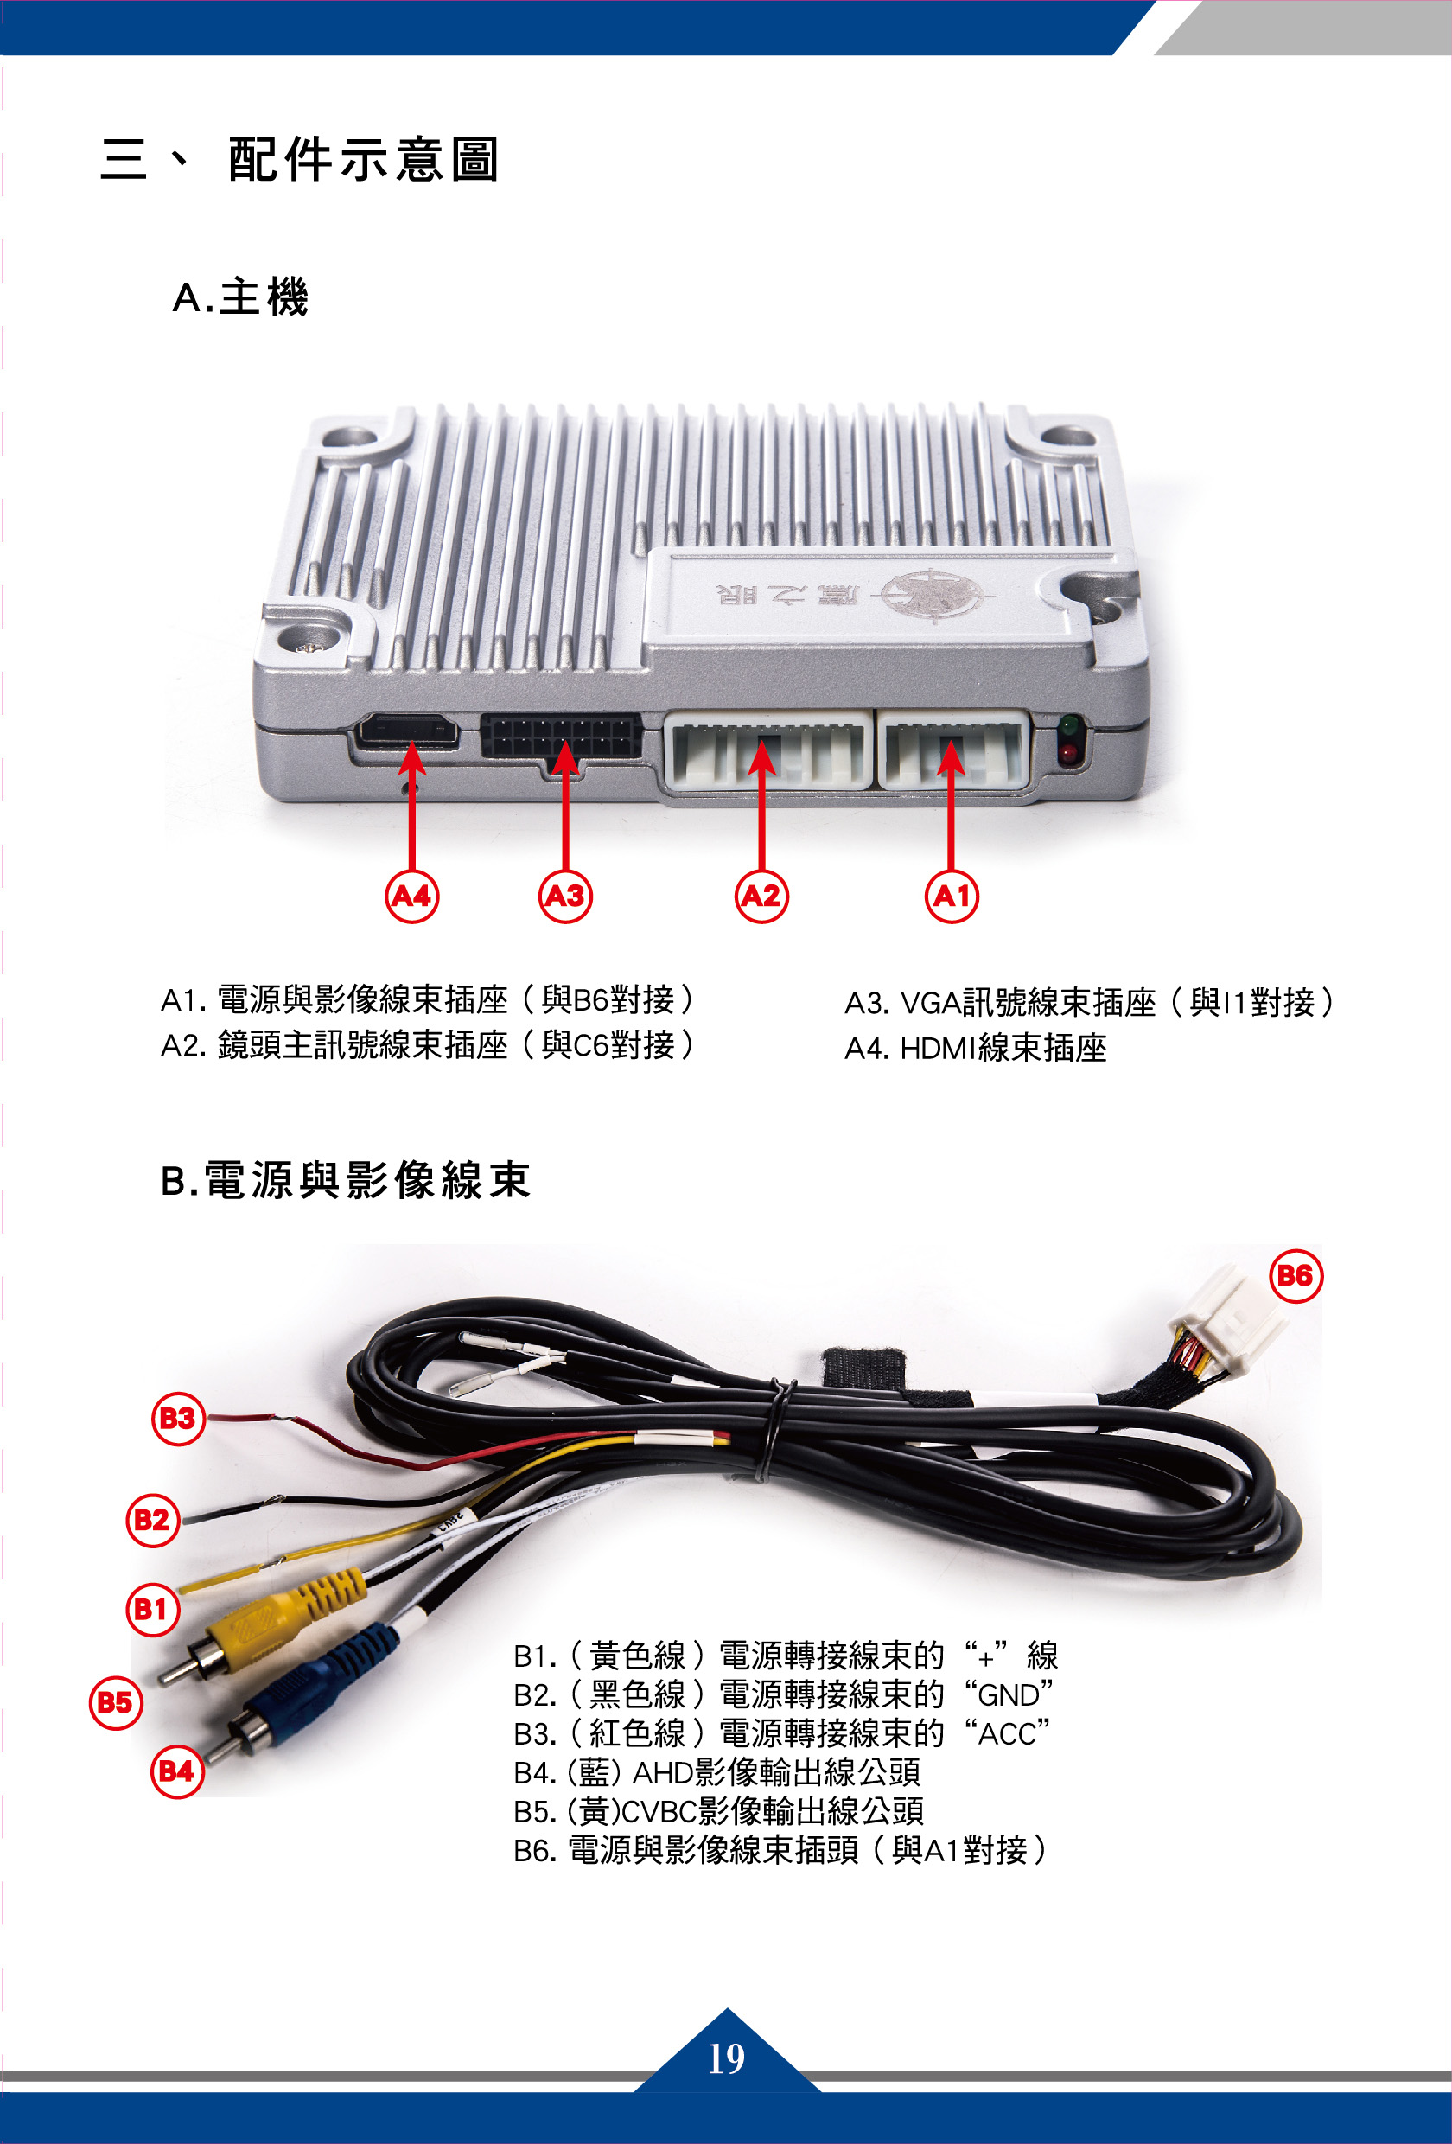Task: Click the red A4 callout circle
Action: click(411, 896)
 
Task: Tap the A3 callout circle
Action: click(564, 896)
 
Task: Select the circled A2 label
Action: click(761, 896)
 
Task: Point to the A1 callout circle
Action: click(951, 896)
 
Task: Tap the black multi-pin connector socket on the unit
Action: click(561, 737)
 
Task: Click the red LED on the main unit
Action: click(1068, 753)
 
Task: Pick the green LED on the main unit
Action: click(1068, 726)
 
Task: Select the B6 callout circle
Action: click(1296, 1276)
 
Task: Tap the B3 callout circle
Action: click(177, 1418)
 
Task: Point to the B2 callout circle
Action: click(152, 1518)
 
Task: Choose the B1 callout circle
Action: click(152, 1609)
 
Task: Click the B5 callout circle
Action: click(115, 1702)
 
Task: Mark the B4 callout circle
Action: click(176, 1771)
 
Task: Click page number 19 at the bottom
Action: click(726, 2058)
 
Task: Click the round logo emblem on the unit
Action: click(931, 594)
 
